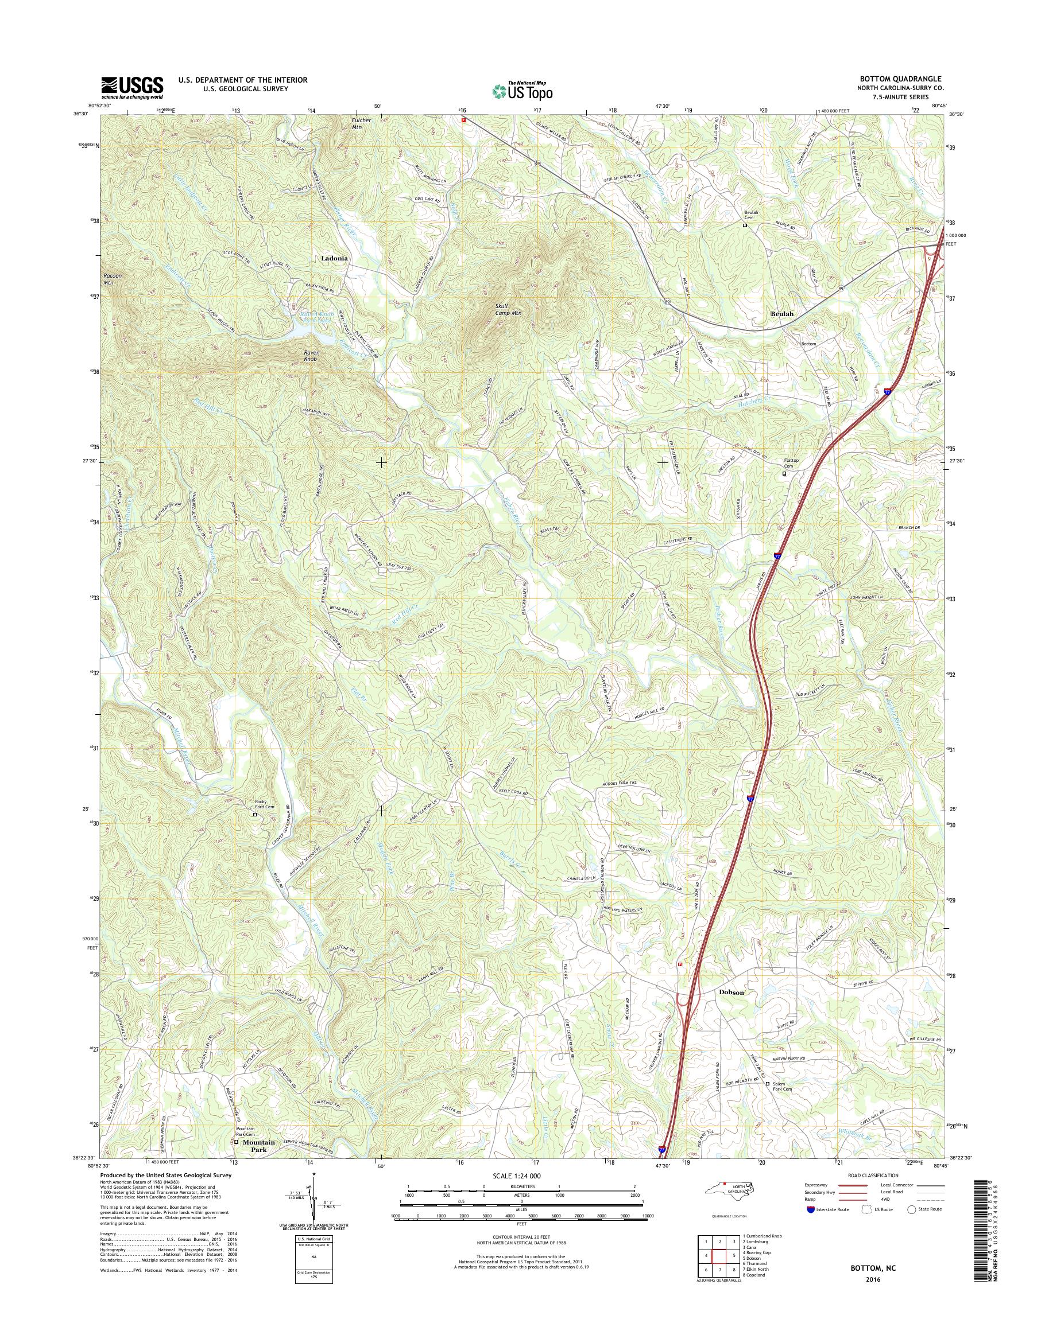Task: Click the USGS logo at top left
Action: point(132,87)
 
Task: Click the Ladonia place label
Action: point(334,258)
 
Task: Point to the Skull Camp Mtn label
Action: point(508,309)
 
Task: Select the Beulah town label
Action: point(782,314)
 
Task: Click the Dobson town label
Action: point(731,993)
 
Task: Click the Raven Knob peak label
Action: point(311,356)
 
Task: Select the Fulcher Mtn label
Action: point(362,123)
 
